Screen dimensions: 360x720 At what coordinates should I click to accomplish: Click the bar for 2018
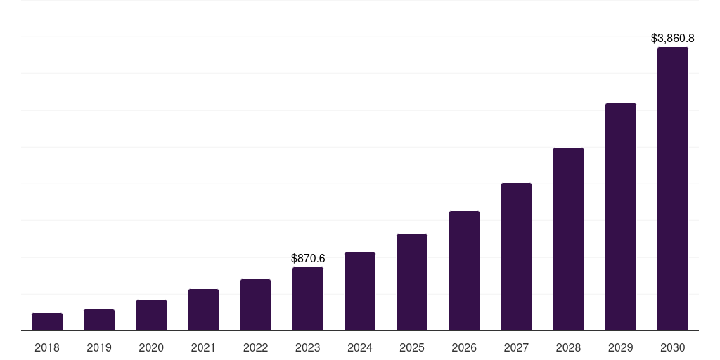point(47,322)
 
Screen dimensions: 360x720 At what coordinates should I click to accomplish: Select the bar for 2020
point(151,315)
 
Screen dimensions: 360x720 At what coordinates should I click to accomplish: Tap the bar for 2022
point(255,305)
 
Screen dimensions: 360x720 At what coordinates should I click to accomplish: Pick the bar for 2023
point(308,299)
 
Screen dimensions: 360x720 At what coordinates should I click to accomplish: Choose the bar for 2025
point(412,283)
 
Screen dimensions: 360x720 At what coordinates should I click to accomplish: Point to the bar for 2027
point(516,257)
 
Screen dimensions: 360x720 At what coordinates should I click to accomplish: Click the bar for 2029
point(621,217)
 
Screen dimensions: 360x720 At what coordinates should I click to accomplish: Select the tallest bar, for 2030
point(673,189)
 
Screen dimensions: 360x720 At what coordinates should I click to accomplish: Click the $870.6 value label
point(308,259)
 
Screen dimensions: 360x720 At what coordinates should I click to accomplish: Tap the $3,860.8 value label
point(673,39)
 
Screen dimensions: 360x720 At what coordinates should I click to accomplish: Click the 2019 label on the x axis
point(99,347)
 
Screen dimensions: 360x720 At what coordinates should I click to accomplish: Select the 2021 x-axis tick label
point(203,347)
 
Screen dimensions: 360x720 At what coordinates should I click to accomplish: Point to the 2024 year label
point(360,347)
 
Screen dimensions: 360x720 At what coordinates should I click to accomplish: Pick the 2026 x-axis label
point(464,347)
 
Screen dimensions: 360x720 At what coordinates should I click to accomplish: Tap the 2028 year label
point(568,347)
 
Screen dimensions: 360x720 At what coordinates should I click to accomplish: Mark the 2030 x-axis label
point(673,347)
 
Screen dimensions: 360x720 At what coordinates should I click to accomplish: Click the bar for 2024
point(360,292)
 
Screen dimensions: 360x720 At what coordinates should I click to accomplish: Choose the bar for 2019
point(99,320)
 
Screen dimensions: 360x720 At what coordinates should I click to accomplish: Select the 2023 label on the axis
point(308,347)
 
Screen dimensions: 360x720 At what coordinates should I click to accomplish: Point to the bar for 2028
point(568,239)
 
